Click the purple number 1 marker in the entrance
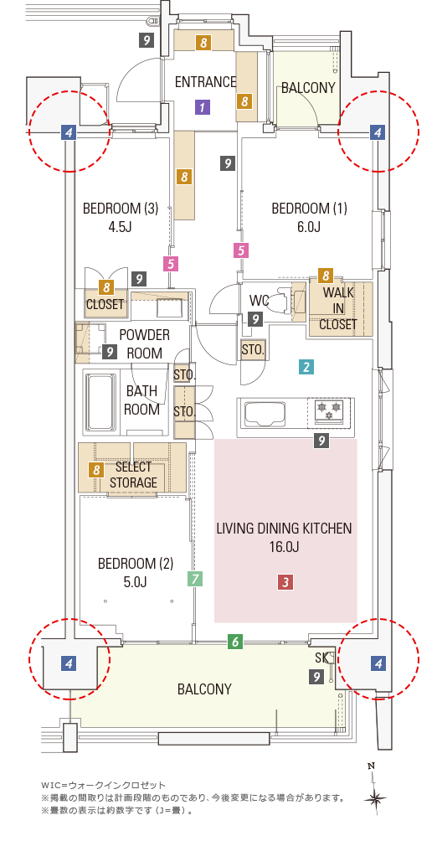click(x=202, y=107)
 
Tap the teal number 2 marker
click(x=306, y=368)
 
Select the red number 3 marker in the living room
click(x=285, y=581)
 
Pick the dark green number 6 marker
click(x=235, y=641)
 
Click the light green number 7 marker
click(x=194, y=579)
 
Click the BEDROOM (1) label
click(x=310, y=209)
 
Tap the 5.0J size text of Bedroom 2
click(x=136, y=582)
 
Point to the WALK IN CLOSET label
click(x=338, y=308)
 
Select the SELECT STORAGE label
click(x=133, y=475)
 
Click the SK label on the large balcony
click(x=321, y=657)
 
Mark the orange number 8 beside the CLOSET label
click(x=106, y=287)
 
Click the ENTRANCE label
click(x=206, y=82)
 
